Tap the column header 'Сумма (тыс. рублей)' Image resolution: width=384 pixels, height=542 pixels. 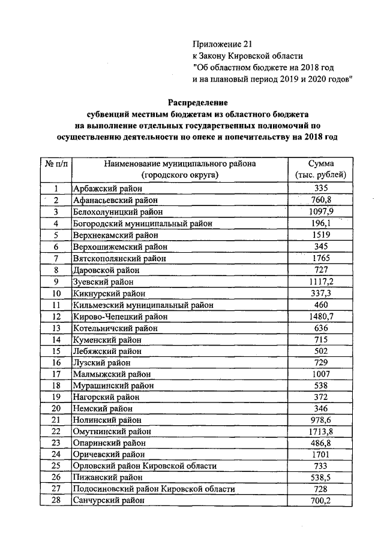[x=321, y=169]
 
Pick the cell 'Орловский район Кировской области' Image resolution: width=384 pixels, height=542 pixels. [x=145, y=465]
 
